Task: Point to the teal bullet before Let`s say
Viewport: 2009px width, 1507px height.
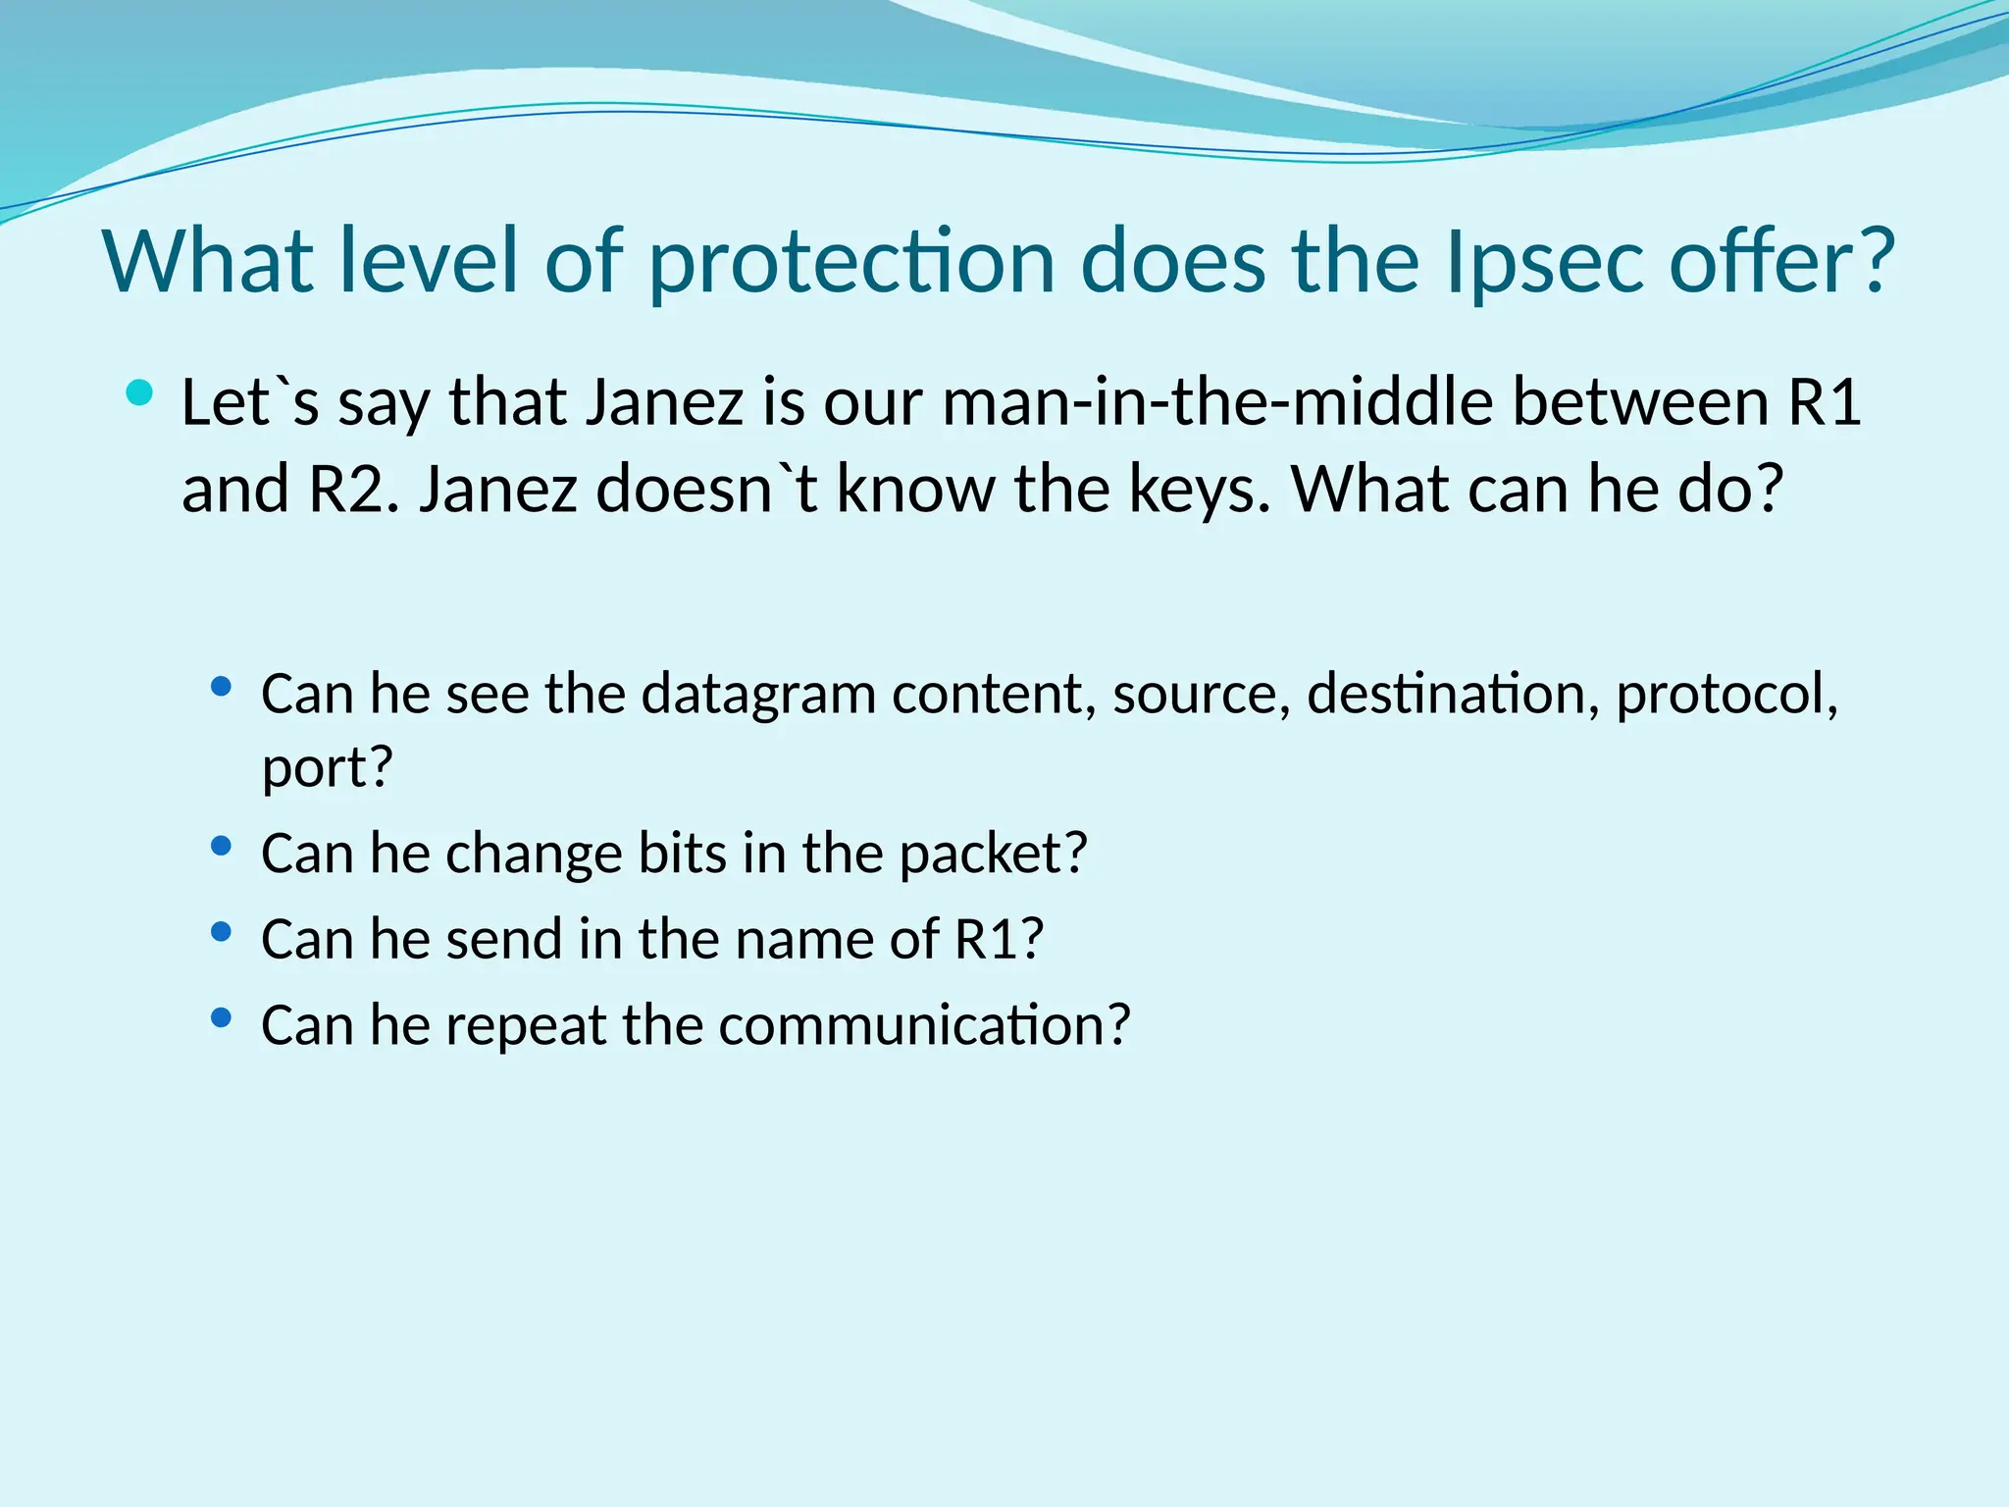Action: (140, 394)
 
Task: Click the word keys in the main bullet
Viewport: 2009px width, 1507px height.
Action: (1199, 489)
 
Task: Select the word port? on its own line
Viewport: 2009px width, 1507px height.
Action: (327, 768)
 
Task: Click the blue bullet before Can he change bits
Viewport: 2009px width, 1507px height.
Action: (221, 845)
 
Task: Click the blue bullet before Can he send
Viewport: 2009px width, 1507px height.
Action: (221, 931)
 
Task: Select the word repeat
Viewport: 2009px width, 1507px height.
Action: (527, 1025)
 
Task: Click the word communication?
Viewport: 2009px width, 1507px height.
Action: (924, 1025)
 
